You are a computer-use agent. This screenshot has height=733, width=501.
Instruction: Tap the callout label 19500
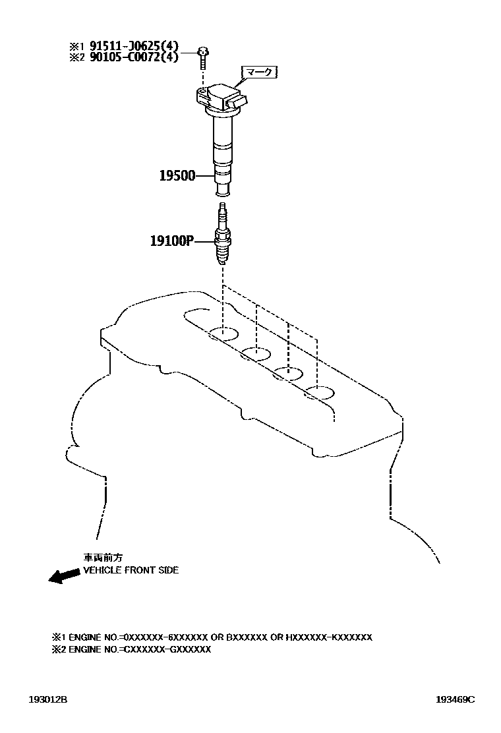click(x=178, y=176)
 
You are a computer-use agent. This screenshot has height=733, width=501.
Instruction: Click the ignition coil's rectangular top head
click(x=219, y=96)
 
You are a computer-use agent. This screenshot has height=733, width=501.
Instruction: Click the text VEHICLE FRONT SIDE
click(x=131, y=570)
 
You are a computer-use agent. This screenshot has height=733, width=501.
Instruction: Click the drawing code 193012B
click(x=47, y=699)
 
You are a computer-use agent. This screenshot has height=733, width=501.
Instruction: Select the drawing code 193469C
click(x=454, y=699)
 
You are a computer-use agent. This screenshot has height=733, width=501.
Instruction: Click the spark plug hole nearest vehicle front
click(x=223, y=333)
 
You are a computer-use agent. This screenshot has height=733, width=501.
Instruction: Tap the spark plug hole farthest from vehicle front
click(x=320, y=394)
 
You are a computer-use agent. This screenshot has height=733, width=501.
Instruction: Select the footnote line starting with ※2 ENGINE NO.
click(x=131, y=649)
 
